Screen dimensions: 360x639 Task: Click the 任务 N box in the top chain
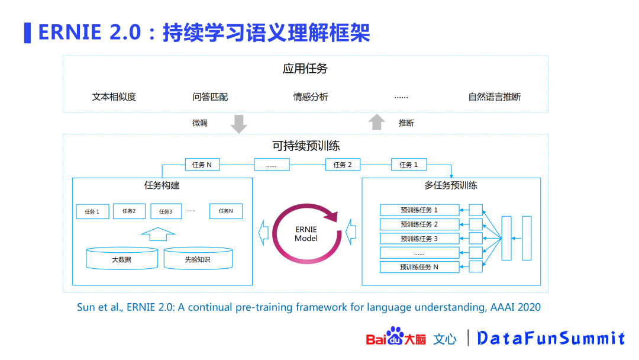(202, 165)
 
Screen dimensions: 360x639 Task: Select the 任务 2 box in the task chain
(343, 165)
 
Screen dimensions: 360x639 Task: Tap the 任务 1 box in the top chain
(409, 165)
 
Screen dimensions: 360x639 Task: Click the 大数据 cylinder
(122, 259)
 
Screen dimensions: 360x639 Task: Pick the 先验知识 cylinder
(198, 259)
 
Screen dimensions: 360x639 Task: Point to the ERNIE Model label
(306, 234)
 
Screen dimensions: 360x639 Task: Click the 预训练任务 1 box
(419, 210)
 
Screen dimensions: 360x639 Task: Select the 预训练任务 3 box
(419, 239)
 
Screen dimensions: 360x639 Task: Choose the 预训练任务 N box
(419, 267)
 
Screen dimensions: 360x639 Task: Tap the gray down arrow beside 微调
(238, 123)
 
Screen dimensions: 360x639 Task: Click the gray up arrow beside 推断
(376, 122)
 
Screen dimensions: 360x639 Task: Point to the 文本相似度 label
(114, 97)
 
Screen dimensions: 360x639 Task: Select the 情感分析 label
(311, 97)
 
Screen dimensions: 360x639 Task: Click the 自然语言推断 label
(494, 97)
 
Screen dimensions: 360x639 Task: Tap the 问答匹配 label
(210, 97)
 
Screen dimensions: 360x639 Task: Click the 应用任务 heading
(305, 69)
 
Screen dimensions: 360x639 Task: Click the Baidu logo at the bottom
(395, 337)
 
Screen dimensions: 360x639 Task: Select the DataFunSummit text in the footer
(551, 338)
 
